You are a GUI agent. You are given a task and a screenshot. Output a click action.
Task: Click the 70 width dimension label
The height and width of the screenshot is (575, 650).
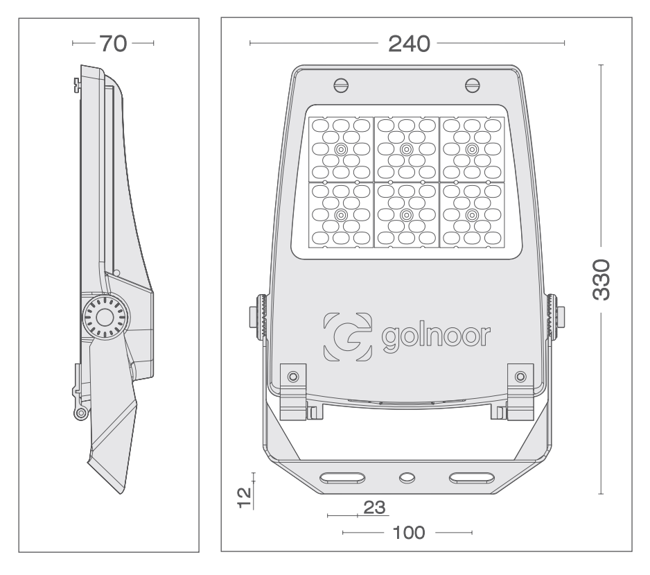click(113, 44)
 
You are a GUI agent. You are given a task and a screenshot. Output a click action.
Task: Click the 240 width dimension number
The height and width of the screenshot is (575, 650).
click(409, 44)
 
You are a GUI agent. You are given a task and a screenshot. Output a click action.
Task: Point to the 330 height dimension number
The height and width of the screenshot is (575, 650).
click(601, 280)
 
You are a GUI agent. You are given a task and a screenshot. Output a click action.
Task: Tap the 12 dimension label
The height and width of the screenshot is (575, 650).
click(245, 498)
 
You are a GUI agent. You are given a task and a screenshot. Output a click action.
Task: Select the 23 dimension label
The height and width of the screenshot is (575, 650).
click(374, 508)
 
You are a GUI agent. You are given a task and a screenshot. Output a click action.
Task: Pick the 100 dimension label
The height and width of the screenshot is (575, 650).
click(409, 533)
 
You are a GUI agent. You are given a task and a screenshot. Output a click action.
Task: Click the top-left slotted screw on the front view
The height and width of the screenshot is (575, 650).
click(341, 86)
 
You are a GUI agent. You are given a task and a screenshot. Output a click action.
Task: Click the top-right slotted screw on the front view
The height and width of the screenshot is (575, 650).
click(473, 85)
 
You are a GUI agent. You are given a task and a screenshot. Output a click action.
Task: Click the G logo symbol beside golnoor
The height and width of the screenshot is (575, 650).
click(347, 336)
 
